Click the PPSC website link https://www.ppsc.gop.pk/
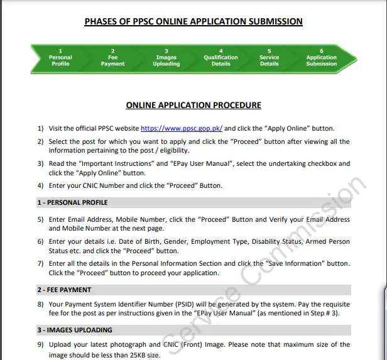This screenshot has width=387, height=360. pyautogui.click(x=182, y=128)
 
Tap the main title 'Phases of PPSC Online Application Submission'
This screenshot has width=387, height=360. pyautogui.click(x=193, y=22)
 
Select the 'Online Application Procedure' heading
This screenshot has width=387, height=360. pyautogui.click(x=193, y=106)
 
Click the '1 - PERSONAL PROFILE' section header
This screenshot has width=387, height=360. pyautogui.click(x=72, y=202)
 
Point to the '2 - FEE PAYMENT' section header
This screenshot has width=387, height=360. pyautogui.click(x=63, y=290)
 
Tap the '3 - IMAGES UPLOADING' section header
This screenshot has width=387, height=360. pyautogui.click(x=74, y=330)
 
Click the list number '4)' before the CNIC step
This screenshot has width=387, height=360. pyautogui.click(x=41, y=185)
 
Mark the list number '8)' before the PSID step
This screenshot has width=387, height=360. pyautogui.click(x=41, y=304)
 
